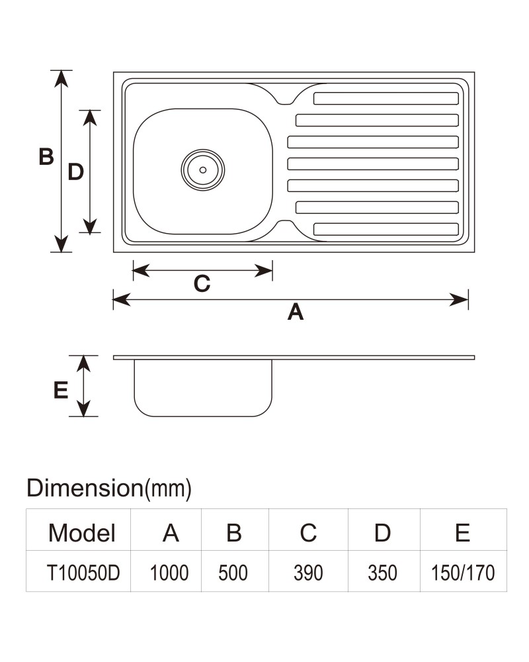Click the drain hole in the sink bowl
click(x=203, y=169)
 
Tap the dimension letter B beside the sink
click(x=46, y=157)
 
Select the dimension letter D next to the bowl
click(x=76, y=172)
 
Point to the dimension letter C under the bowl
click(x=202, y=283)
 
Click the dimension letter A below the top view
click(x=296, y=312)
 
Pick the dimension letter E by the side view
click(x=61, y=390)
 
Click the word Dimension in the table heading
click(x=85, y=488)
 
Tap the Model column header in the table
click(x=82, y=533)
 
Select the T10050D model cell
click(x=83, y=573)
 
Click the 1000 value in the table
click(x=169, y=573)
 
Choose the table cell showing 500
click(x=233, y=573)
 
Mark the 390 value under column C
click(x=308, y=573)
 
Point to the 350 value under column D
click(x=383, y=573)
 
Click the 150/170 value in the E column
click(x=463, y=573)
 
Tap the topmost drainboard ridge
click(x=386, y=99)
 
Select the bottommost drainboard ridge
click(x=386, y=229)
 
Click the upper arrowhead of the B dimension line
click(x=61, y=78)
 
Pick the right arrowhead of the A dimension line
click(x=459, y=300)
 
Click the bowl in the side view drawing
click(x=203, y=388)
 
